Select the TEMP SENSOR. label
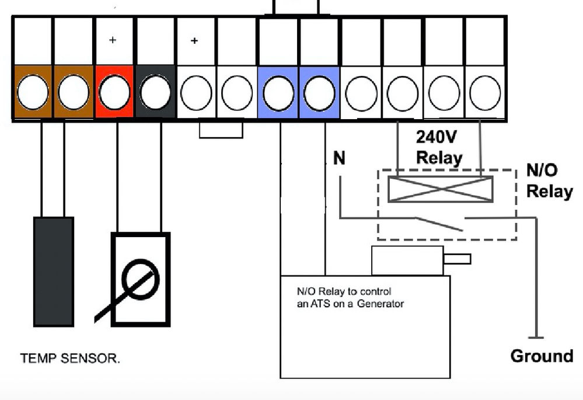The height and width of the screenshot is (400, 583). tap(71, 359)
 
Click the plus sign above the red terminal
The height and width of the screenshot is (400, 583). tap(113, 41)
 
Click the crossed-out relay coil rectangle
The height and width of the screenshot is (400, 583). tap(440, 189)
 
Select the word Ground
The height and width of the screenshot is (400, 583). tap(542, 356)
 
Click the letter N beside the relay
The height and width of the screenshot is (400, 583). tap(339, 158)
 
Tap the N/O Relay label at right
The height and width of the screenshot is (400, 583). tap(549, 180)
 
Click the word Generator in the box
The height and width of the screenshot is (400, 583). tap(380, 304)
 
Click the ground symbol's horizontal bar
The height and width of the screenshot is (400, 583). tap(536, 337)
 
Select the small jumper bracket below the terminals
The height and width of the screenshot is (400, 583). tap(221, 129)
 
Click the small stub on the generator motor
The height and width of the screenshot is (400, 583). tap(458, 258)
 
